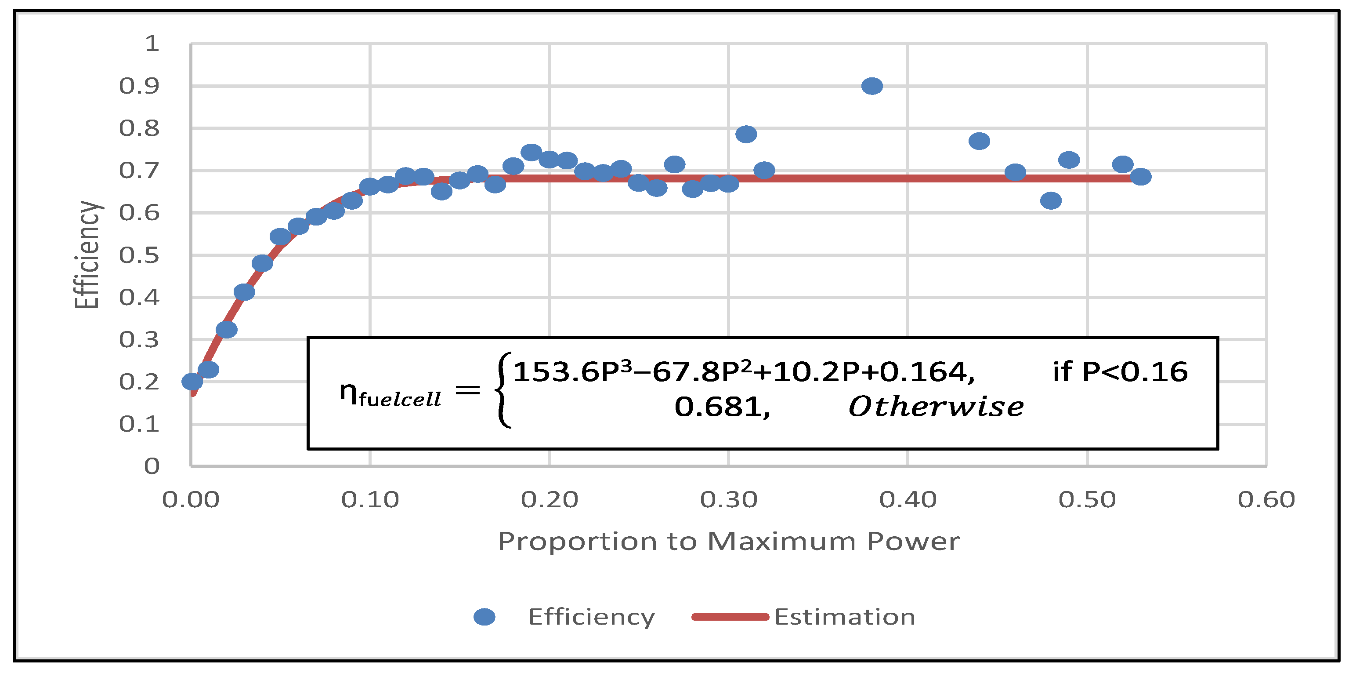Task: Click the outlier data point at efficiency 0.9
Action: (x=871, y=86)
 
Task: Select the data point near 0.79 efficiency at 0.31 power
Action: (x=746, y=134)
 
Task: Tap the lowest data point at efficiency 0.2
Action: (x=192, y=381)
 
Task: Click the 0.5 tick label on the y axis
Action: (x=139, y=255)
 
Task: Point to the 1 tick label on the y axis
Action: (x=152, y=44)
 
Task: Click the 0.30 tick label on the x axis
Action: (x=729, y=500)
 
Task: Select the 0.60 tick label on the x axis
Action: (x=1266, y=500)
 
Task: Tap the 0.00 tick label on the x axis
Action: (x=191, y=500)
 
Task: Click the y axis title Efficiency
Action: (x=87, y=255)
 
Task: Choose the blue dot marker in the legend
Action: (x=484, y=617)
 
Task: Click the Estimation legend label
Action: (x=844, y=617)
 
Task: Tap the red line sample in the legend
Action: (x=730, y=617)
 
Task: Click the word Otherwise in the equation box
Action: (x=936, y=407)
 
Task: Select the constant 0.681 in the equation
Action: (x=722, y=407)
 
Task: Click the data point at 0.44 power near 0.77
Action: (x=979, y=141)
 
